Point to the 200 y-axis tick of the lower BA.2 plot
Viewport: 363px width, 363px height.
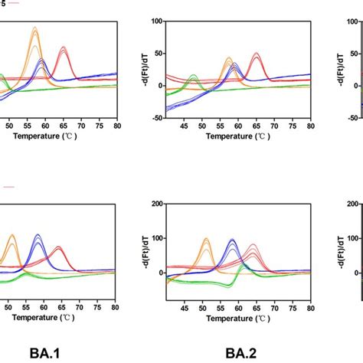pos(153,203)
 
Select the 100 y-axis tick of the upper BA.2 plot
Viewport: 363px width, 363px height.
pos(153,21)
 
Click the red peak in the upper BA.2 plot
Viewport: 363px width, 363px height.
pos(256,54)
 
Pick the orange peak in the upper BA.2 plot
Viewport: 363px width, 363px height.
pos(228,59)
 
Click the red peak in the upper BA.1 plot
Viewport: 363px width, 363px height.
pos(64,48)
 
